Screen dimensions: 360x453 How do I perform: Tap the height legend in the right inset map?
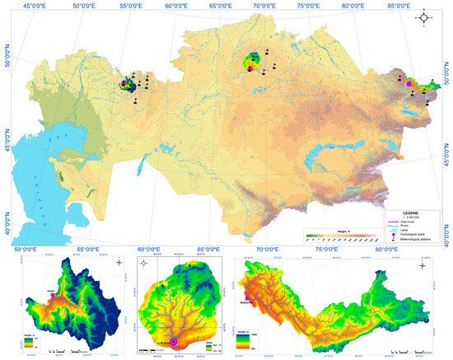[x=244, y=336]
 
